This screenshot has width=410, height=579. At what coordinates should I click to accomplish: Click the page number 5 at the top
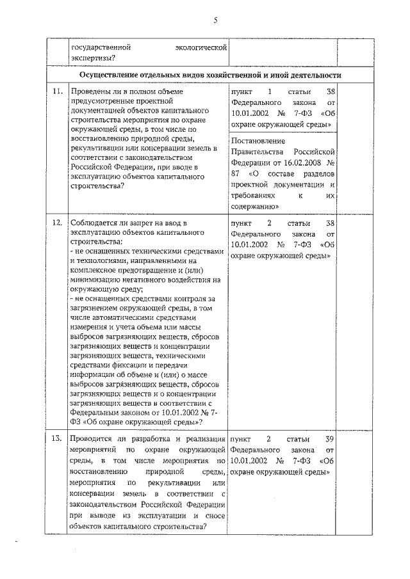(x=216, y=20)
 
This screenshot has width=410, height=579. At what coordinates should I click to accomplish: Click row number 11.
(x=57, y=91)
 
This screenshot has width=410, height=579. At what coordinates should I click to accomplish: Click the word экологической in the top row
(x=201, y=47)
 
